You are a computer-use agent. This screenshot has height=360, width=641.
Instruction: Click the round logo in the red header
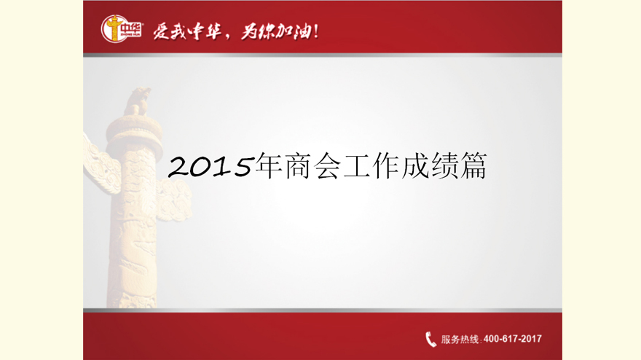click(x=115, y=28)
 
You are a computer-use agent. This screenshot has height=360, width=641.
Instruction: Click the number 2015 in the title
click(x=210, y=166)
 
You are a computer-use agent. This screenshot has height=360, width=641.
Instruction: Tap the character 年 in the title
click(x=268, y=165)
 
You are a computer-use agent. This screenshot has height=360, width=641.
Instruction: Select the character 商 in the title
click(x=297, y=165)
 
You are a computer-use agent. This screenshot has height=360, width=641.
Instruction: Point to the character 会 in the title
click(x=326, y=165)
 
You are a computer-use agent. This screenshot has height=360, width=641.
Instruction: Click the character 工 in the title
click(x=356, y=166)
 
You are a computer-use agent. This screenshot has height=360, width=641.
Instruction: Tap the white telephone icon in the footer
click(x=431, y=339)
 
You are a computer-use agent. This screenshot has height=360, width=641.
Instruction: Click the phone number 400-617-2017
click(x=513, y=339)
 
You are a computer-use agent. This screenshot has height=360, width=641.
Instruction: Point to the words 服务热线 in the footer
click(x=460, y=339)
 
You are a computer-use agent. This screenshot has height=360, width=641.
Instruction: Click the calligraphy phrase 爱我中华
click(x=187, y=31)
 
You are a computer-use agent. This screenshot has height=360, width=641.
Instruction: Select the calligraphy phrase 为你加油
click(x=275, y=31)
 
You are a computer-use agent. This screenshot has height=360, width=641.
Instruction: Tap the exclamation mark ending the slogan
click(x=315, y=31)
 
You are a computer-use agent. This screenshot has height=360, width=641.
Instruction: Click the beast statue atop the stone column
click(x=138, y=101)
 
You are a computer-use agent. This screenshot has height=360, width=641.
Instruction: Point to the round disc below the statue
click(x=134, y=130)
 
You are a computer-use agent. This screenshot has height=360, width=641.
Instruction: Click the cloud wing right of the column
click(x=175, y=200)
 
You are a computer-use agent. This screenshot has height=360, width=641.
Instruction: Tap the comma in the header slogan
click(x=228, y=38)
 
